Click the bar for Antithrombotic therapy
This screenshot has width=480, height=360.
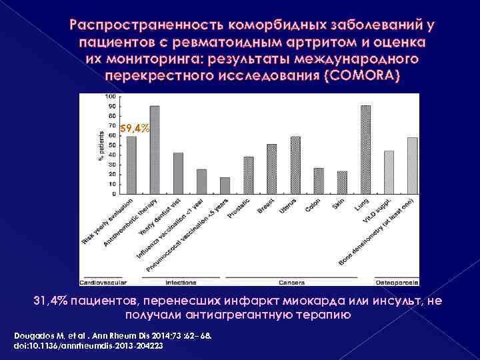pyautogui.click(x=154, y=151)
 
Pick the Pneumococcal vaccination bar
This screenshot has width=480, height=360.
pyautogui.click(x=225, y=187)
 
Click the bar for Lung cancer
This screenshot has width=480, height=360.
pyautogui.click(x=365, y=151)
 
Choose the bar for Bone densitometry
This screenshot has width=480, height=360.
pyautogui.click(x=413, y=167)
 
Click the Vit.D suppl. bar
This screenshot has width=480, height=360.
pyautogui.click(x=389, y=173)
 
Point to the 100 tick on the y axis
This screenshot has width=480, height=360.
pyautogui.click(x=110, y=97)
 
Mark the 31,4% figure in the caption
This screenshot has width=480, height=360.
pyautogui.click(x=47, y=301)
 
